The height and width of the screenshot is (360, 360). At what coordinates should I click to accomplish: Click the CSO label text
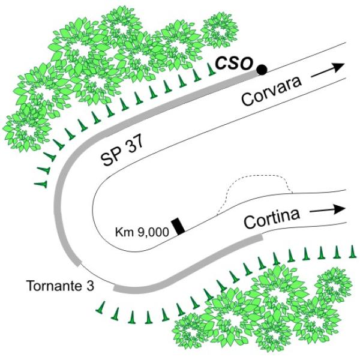click(234, 62)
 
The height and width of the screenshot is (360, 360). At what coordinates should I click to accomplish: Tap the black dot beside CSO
click(262, 70)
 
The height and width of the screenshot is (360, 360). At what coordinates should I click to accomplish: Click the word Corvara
click(271, 92)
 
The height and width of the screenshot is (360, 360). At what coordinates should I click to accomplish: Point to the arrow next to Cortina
click(328, 209)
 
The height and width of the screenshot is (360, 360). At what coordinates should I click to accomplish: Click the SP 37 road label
click(122, 151)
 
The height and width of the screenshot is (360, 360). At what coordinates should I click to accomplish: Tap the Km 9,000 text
click(142, 232)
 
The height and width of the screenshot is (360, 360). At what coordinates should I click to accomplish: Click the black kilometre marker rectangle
click(178, 227)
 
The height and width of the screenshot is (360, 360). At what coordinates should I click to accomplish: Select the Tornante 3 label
click(61, 286)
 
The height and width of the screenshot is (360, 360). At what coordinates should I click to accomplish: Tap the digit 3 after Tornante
click(91, 286)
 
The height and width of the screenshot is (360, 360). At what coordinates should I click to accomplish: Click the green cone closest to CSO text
click(211, 69)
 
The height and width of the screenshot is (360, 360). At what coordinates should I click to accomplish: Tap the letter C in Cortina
click(250, 223)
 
